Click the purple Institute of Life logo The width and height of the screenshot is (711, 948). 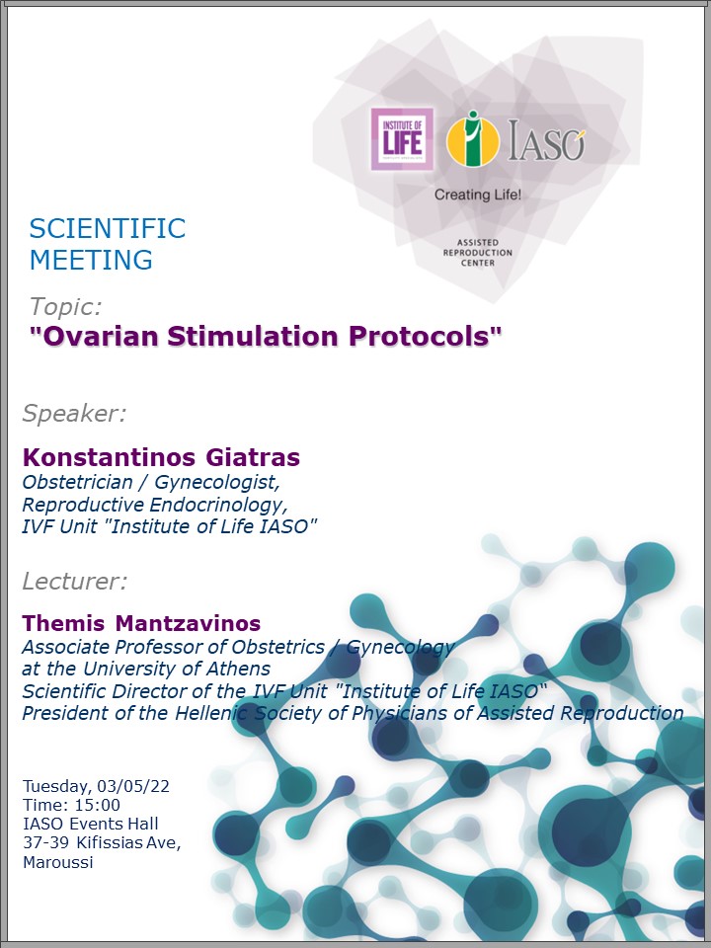(x=402, y=139)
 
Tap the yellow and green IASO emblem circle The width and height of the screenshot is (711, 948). (x=473, y=140)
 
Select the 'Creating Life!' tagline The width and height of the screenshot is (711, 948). (x=478, y=195)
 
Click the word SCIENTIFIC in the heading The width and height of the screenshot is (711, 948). (x=108, y=228)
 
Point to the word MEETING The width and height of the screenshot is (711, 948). (x=91, y=260)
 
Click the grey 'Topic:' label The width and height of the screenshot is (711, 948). (x=66, y=307)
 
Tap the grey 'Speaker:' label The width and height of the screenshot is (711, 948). (x=74, y=414)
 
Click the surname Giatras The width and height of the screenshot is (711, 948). (x=253, y=457)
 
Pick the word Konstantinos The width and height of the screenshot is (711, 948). (x=109, y=457)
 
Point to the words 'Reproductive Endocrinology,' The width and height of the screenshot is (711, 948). (x=155, y=505)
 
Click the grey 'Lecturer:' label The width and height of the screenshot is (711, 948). (x=75, y=582)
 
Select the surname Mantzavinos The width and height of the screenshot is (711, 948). (x=188, y=623)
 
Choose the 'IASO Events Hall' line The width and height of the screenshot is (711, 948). (x=91, y=824)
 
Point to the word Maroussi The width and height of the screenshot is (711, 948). (x=58, y=862)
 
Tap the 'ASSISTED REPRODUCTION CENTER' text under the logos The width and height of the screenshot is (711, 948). (x=478, y=253)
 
